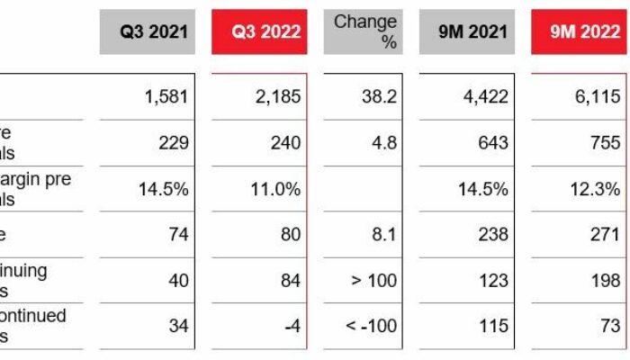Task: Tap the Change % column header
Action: (x=365, y=31)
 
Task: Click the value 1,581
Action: (x=166, y=96)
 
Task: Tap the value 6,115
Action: (x=597, y=96)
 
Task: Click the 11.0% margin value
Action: (x=274, y=189)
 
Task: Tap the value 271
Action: (x=605, y=235)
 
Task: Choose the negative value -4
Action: (x=292, y=326)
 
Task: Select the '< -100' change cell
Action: (x=371, y=326)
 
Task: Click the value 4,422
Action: (x=487, y=96)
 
